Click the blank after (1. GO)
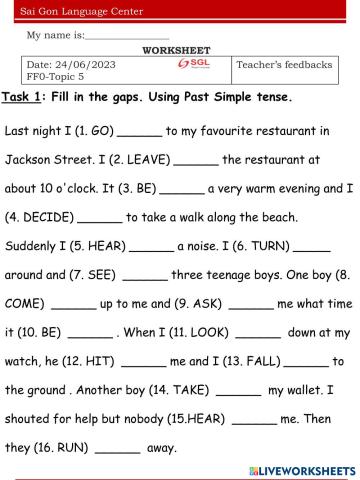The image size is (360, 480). (139, 132)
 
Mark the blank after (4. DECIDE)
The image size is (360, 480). (98, 217)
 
